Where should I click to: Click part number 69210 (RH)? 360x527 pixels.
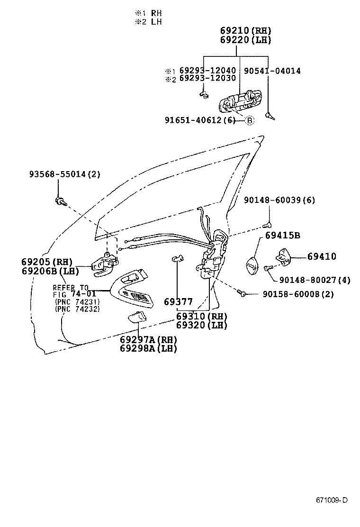pyautogui.click(x=245, y=31)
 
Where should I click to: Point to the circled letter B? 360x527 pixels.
pyautogui.click(x=250, y=120)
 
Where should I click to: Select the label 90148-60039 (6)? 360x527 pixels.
pyautogui.click(x=280, y=200)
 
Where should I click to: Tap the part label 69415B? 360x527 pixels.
pyautogui.click(x=282, y=236)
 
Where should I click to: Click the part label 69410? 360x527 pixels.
pyautogui.click(x=322, y=256)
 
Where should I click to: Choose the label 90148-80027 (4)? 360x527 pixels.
pyautogui.click(x=315, y=280)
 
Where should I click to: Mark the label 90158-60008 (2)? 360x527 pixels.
pyautogui.click(x=298, y=294)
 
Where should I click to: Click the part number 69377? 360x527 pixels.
pyautogui.click(x=178, y=301)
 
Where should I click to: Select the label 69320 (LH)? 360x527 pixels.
pyautogui.click(x=201, y=325)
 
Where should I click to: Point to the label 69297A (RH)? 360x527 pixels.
pyautogui.click(x=148, y=339)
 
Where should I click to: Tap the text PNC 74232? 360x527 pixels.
pyautogui.click(x=77, y=309)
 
